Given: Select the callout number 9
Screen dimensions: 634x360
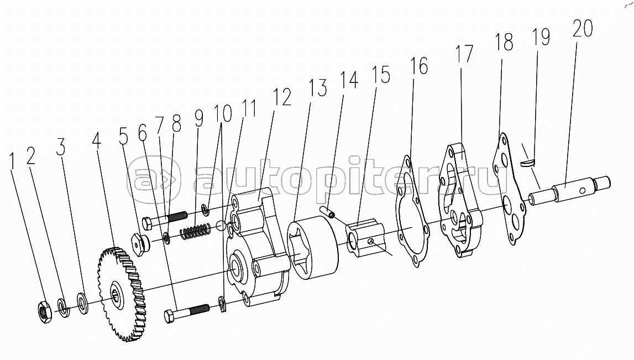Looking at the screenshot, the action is coord(198,117).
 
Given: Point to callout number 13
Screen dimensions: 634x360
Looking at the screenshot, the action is coord(318,88).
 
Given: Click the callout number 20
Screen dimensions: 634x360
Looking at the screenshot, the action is coord(583,28).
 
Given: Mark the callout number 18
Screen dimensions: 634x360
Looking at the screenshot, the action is coord(504,42).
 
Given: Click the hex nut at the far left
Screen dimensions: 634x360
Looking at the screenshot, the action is coord(44,312).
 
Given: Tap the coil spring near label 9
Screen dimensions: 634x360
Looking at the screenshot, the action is coord(195,232).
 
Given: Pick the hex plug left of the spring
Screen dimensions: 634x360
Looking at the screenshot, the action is coord(140,244).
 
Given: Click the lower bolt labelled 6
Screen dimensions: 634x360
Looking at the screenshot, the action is coord(187,312).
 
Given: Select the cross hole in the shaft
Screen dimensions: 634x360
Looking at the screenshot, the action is coord(581,190).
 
